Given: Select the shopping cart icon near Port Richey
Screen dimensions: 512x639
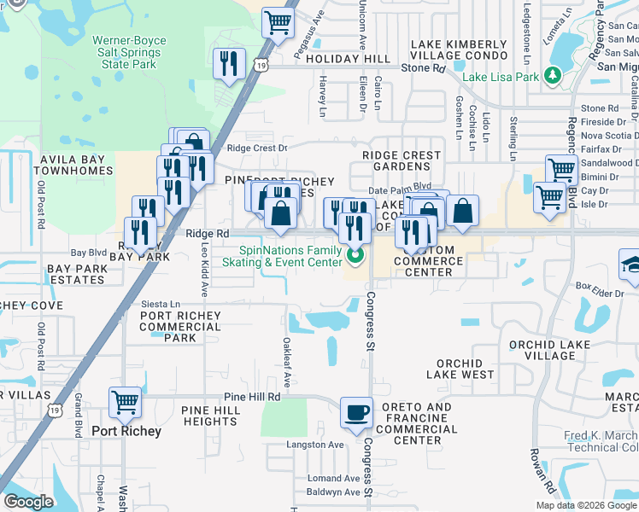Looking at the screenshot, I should [125, 402].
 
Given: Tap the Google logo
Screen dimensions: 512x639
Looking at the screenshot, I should [28, 502].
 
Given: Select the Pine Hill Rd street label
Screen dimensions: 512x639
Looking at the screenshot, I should [252, 397].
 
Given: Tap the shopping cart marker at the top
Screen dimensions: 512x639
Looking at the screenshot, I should [278, 24].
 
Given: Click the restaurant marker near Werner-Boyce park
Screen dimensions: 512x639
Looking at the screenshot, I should [229, 64].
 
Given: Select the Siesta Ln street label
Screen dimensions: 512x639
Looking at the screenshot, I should [161, 304].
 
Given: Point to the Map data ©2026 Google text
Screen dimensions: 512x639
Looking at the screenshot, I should [586, 505].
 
